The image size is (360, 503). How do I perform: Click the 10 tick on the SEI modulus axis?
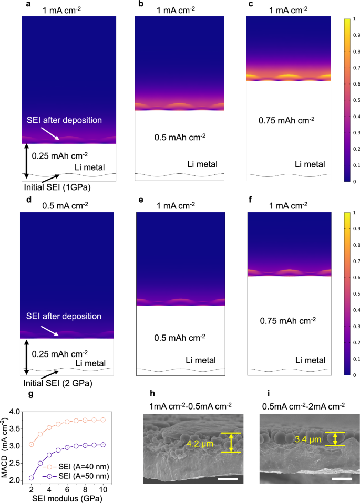pos(103,489)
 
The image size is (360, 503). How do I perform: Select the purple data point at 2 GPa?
pos(31,478)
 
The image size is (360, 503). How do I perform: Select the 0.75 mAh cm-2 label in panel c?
pos(286,120)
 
